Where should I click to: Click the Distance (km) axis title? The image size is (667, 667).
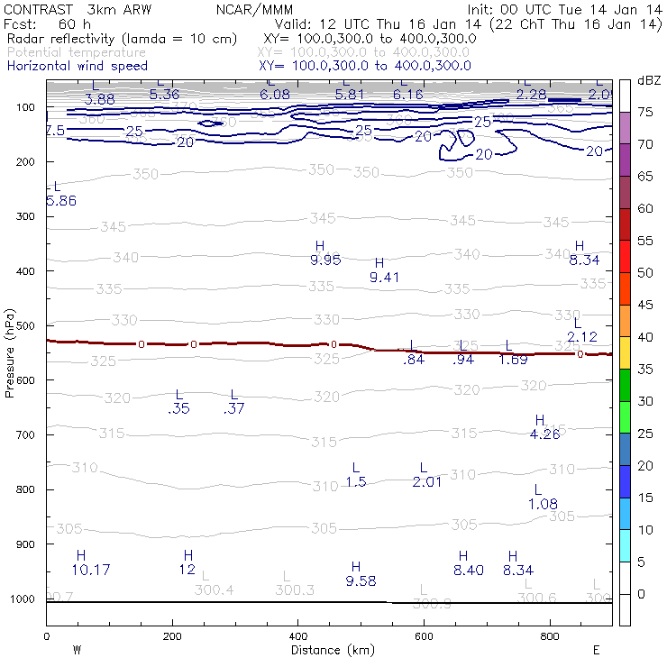pyautogui.click(x=328, y=649)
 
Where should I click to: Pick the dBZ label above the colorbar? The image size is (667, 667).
pyautogui.click(x=648, y=80)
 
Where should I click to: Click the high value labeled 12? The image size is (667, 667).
pyautogui.click(x=187, y=570)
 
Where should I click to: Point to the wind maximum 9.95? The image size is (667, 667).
pyautogui.click(x=324, y=260)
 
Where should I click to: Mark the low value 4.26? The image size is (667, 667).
pyautogui.click(x=545, y=434)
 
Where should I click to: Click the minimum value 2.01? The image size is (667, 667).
pyautogui.click(x=427, y=482)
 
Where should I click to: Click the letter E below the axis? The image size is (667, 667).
pyautogui.click(x=595, y=649)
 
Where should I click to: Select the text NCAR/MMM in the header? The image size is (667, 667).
pyautogui.click(x=254, y=9)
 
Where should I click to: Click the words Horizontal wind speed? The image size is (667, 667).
pyautogui.click(x=78, y=66)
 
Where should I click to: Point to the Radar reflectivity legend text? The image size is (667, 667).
pyautogui.click(x=122, y=40)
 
